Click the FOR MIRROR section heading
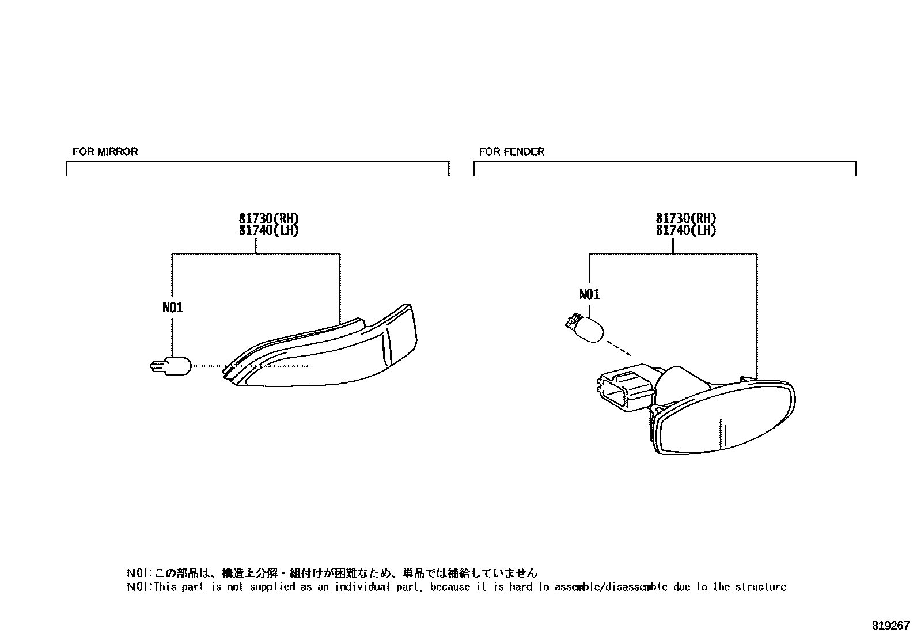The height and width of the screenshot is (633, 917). [x=105, y=151]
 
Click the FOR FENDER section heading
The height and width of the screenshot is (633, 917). [x=511, y=151]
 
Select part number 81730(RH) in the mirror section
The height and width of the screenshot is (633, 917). [x=269, y=219]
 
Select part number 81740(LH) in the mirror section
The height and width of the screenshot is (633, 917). [x=269, y=230]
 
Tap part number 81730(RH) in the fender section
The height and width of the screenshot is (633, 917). [x=685, y=219]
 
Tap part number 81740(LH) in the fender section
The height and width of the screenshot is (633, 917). [x=685, y=230]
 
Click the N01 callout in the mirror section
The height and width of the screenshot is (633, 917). [x=173, y=308]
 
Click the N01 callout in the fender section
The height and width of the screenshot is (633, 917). [x=589, y=294]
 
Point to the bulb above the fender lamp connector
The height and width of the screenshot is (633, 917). [x=585, y=328]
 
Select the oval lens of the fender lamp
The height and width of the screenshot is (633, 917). [x=726, y=418]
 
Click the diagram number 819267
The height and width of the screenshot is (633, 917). [x=890, y=625]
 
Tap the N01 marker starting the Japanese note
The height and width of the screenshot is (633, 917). [x=138, y=573]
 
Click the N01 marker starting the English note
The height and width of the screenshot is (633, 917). [x=138, y=587]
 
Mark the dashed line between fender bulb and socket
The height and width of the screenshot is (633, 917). [x=619, y=348]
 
